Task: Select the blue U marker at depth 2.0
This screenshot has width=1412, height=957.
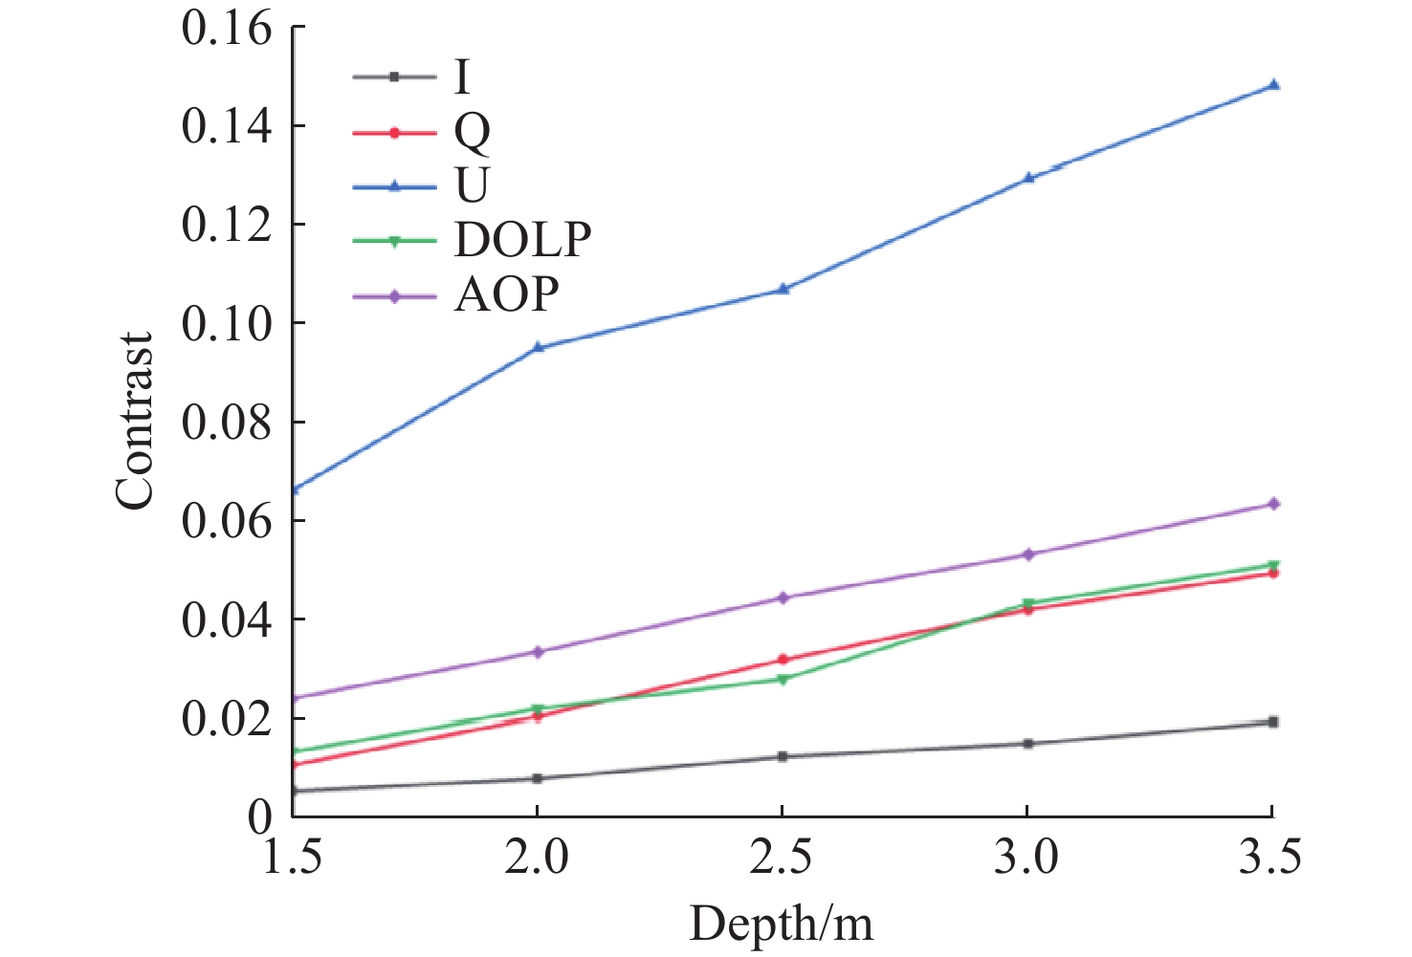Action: coord(538,347)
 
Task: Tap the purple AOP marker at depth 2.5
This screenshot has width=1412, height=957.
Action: coord(783,598)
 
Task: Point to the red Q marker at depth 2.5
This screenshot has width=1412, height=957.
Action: coord(783,660)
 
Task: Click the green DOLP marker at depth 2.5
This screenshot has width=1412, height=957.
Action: coord(783,680)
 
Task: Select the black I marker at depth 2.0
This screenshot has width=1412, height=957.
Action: coord(538,778)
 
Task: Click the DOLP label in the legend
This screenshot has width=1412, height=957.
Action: coord(522,240)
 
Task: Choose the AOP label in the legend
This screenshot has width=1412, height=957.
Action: coord(506,295)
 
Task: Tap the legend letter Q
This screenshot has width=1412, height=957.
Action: coord(472,132)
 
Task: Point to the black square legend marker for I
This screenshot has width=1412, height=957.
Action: coord(393,76)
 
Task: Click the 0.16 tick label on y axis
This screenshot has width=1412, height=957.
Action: coord(227,29)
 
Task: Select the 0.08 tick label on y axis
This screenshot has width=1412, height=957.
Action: coord(227,423)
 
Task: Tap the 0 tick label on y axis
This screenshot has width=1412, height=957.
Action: coord(258,817)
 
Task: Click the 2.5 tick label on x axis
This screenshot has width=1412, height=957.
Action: coord(782,858)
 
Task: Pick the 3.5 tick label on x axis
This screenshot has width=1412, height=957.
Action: coord(1271,858)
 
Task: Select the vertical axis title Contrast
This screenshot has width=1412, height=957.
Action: coord(135,422)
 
